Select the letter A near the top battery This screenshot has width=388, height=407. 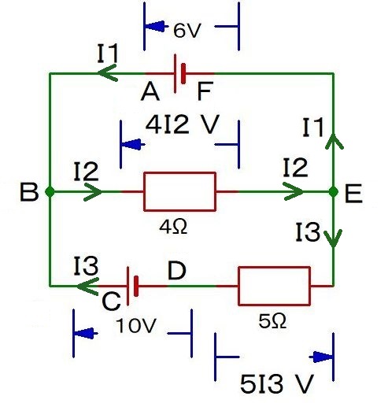[x=151, y=94]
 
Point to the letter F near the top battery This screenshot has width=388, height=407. [x=205, y=94]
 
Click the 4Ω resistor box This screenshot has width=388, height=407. [x=179, y=191]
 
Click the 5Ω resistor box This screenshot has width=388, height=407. [x=274, y=286]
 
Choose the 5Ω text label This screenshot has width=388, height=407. [x=273, y=322]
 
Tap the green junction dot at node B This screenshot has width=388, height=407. [x=50, y=191]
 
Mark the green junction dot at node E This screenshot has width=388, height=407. [x=333, y=191]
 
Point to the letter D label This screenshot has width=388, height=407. [x=177, y=272]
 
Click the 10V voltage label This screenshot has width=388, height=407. [x=131, y=325]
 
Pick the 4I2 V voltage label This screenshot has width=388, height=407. [x=182, y=124]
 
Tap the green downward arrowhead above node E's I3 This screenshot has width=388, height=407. [x=333, y=237]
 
